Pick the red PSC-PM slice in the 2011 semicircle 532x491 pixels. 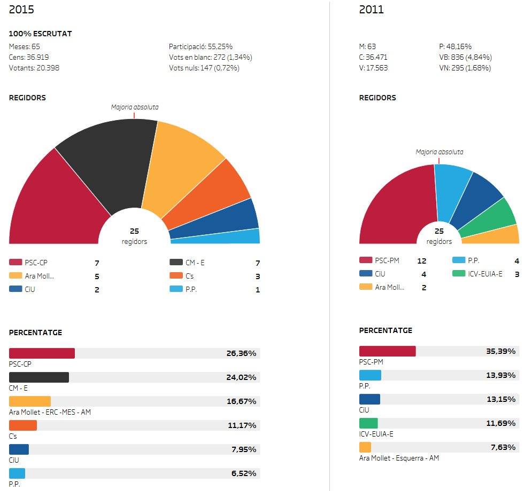coord(396,208)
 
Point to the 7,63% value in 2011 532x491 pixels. coord(503,447)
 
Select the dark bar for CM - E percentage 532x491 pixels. coord(39,377)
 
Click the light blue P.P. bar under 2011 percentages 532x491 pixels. coord(370,375)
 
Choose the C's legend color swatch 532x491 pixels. coord(176,276)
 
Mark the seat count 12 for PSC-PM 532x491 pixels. coord(422,261)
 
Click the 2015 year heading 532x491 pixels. coord(21,10)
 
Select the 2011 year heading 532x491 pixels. coord(371,10)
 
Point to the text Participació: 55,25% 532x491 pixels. coord(201,46)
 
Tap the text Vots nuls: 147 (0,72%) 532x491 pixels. coord(204,68)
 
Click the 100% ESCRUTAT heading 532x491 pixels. coord(41,34)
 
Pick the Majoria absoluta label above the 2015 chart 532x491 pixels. coord(135,107)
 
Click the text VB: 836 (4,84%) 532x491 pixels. coord(465,57)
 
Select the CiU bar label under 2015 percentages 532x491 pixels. coord(14,460)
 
